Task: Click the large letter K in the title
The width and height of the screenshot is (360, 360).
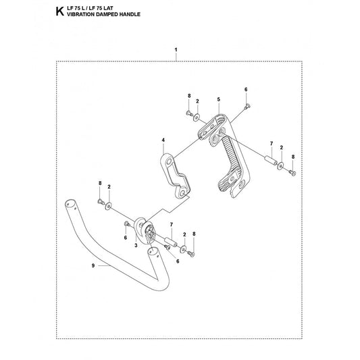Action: [x=59, y=11]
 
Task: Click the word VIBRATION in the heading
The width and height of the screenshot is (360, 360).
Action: [x=78, y=14]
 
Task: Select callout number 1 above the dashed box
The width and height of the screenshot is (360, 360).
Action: [x=176, y=49]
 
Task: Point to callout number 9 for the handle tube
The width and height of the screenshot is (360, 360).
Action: [x=93, y=265]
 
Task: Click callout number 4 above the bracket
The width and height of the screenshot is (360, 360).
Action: [x=163, y=140]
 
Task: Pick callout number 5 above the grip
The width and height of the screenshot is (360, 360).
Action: [x=219, y=99]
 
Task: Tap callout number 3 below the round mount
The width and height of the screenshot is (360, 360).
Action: [x=136, y=245]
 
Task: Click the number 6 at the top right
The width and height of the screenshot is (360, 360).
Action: [x=246, y=89]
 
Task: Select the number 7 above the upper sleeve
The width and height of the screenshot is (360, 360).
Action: [x=272, y=143]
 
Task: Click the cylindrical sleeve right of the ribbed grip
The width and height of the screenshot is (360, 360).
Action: [x=271, y=160]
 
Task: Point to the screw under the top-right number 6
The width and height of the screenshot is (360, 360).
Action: [x=248, y=106]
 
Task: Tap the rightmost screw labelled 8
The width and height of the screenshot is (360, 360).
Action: [x=292, y=173]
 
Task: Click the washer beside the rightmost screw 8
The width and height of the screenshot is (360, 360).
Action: [x=280, y=165]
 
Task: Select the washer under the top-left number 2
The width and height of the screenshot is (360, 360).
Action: [x=197, y=118]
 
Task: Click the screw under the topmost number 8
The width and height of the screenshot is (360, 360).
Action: [x=189, y=113]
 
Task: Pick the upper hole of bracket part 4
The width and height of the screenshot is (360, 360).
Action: [x=170, y=162]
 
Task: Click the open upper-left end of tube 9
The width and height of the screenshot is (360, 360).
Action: [x=70, y=204]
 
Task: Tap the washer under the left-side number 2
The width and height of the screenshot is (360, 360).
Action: [x=108, y=206]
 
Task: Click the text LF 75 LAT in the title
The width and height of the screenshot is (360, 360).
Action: [x=103, y=9]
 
